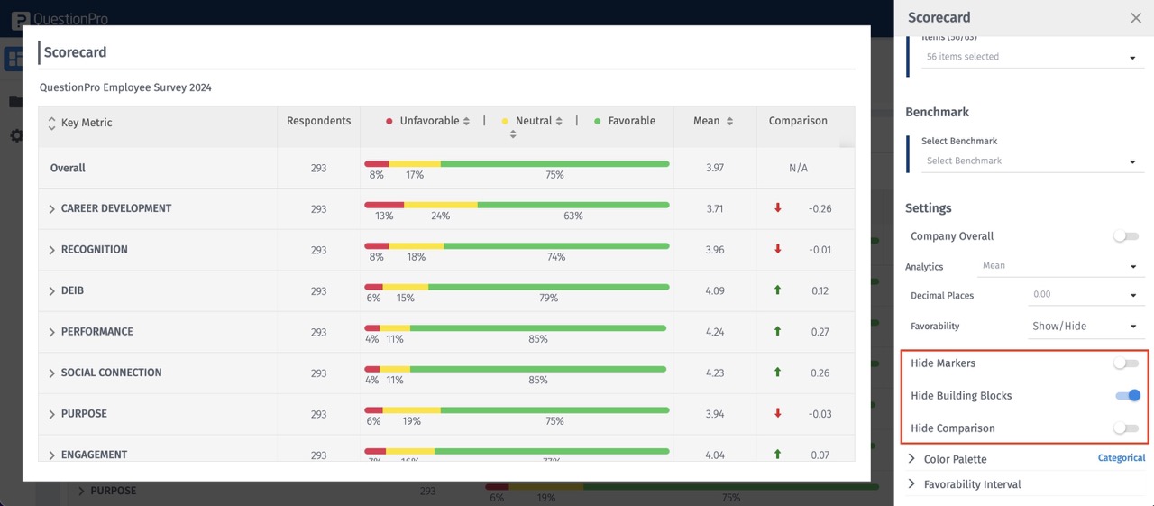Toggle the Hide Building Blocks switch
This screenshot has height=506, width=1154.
click(1127, 395)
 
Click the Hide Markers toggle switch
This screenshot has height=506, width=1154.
click(1125, 363)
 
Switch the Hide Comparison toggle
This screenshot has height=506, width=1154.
click(1125, 428)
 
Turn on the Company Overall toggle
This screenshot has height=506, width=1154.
click(1125, 235)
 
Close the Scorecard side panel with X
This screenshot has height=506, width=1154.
click(1136, 18)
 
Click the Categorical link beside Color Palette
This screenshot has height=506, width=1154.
click(1121, 458)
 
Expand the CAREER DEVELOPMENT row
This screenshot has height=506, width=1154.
click(52, 209)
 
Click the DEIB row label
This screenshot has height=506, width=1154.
click(72, 290)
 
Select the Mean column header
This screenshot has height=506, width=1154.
click(707, 121)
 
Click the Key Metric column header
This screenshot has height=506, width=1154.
click(87, 123)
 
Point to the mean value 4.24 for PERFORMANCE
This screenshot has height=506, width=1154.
click(715, 332)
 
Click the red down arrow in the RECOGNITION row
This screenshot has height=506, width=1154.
click(778, 249)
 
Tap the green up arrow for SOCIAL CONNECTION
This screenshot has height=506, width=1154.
click(778, 373)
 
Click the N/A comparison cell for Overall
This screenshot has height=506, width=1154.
click(798, 168)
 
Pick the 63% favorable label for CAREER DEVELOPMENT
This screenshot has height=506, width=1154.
click(573, 216)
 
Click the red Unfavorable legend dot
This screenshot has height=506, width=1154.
click(389, 121)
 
